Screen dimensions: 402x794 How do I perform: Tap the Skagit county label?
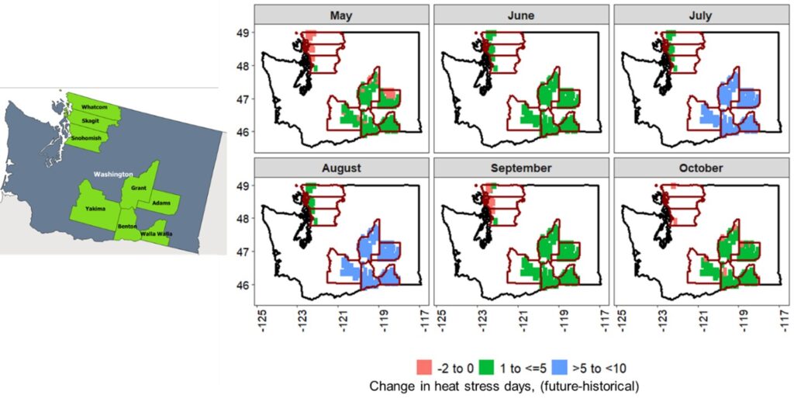[90, 121]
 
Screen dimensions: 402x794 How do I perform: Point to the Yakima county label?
[96, 208]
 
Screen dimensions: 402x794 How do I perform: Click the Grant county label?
[140, 188]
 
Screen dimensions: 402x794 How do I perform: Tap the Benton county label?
[127, 226]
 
